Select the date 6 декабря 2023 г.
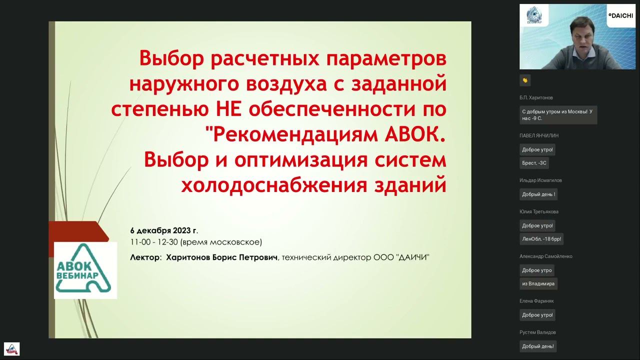click(x=164, y=230)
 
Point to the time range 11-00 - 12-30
click(x=154, y=242)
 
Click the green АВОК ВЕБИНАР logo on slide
click(x=85, y=270)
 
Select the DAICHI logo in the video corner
click(x=620, y=15)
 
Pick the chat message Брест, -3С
click(x=534, y=163)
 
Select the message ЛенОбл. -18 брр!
click(x=541, y=239)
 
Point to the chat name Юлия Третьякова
click(x=539, y=211)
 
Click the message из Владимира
click(x=538, y=283)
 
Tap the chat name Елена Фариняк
click(x=536, y=301)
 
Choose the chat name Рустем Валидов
click(x=537, y=332)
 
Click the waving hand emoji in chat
click(x=525, y=80)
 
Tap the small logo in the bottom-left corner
click(x=11, y=348)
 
